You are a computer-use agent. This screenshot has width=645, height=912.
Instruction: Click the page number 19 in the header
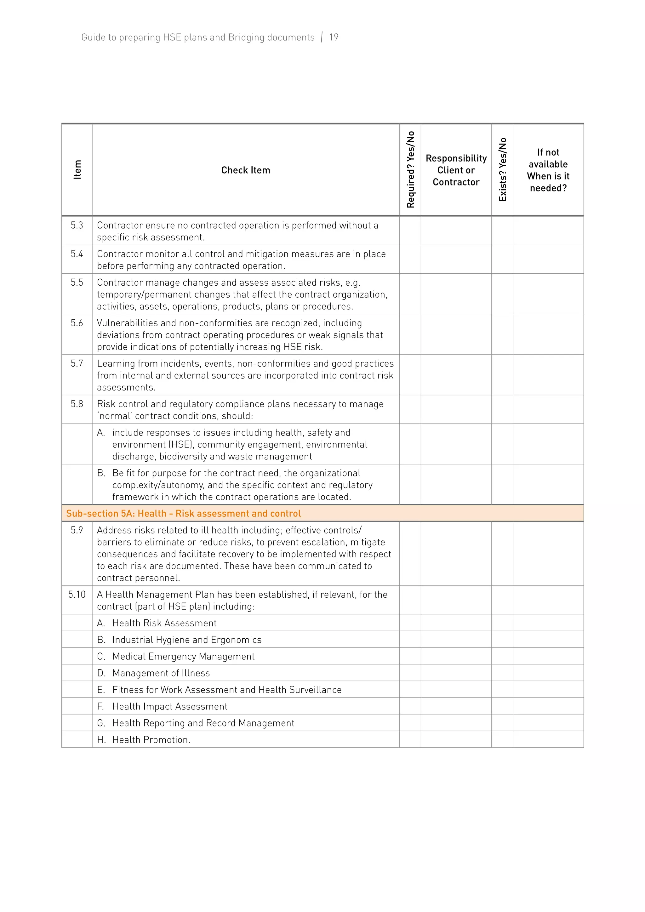[x=334, y=37]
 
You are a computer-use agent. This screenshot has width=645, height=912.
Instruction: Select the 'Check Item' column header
[x=245, y=170]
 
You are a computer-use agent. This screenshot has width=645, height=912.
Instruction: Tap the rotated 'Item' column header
[x=77, y=170]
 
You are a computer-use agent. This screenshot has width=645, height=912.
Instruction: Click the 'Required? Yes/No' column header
[x=410, y=170]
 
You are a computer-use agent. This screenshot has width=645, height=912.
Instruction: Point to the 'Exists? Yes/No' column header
[x=502, y=170]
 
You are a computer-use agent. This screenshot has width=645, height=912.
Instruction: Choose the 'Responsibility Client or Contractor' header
[x=456, y=170]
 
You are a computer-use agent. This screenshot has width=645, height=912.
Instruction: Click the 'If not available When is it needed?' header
[x=548, y=170]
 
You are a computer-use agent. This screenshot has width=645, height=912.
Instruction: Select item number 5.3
[x=77, y=225]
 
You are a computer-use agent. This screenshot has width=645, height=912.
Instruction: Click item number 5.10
[x=77, y=595]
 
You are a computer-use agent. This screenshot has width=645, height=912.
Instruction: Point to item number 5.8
[x=77, y=404]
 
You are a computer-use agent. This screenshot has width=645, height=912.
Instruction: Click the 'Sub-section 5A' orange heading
[x=184, y=514]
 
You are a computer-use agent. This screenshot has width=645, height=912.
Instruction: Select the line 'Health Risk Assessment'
[x=164, y=623]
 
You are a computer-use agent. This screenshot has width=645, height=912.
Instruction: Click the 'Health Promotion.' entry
[x=151, y=740]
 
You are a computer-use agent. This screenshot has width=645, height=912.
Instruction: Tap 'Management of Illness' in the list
[x=161, y=673]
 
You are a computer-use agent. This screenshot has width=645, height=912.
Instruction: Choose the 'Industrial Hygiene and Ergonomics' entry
[x=187, y=640]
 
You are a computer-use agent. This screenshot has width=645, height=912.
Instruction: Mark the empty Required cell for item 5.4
[x=410, y=259]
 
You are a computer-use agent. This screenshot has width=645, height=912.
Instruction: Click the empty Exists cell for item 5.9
[x=502, y=554]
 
